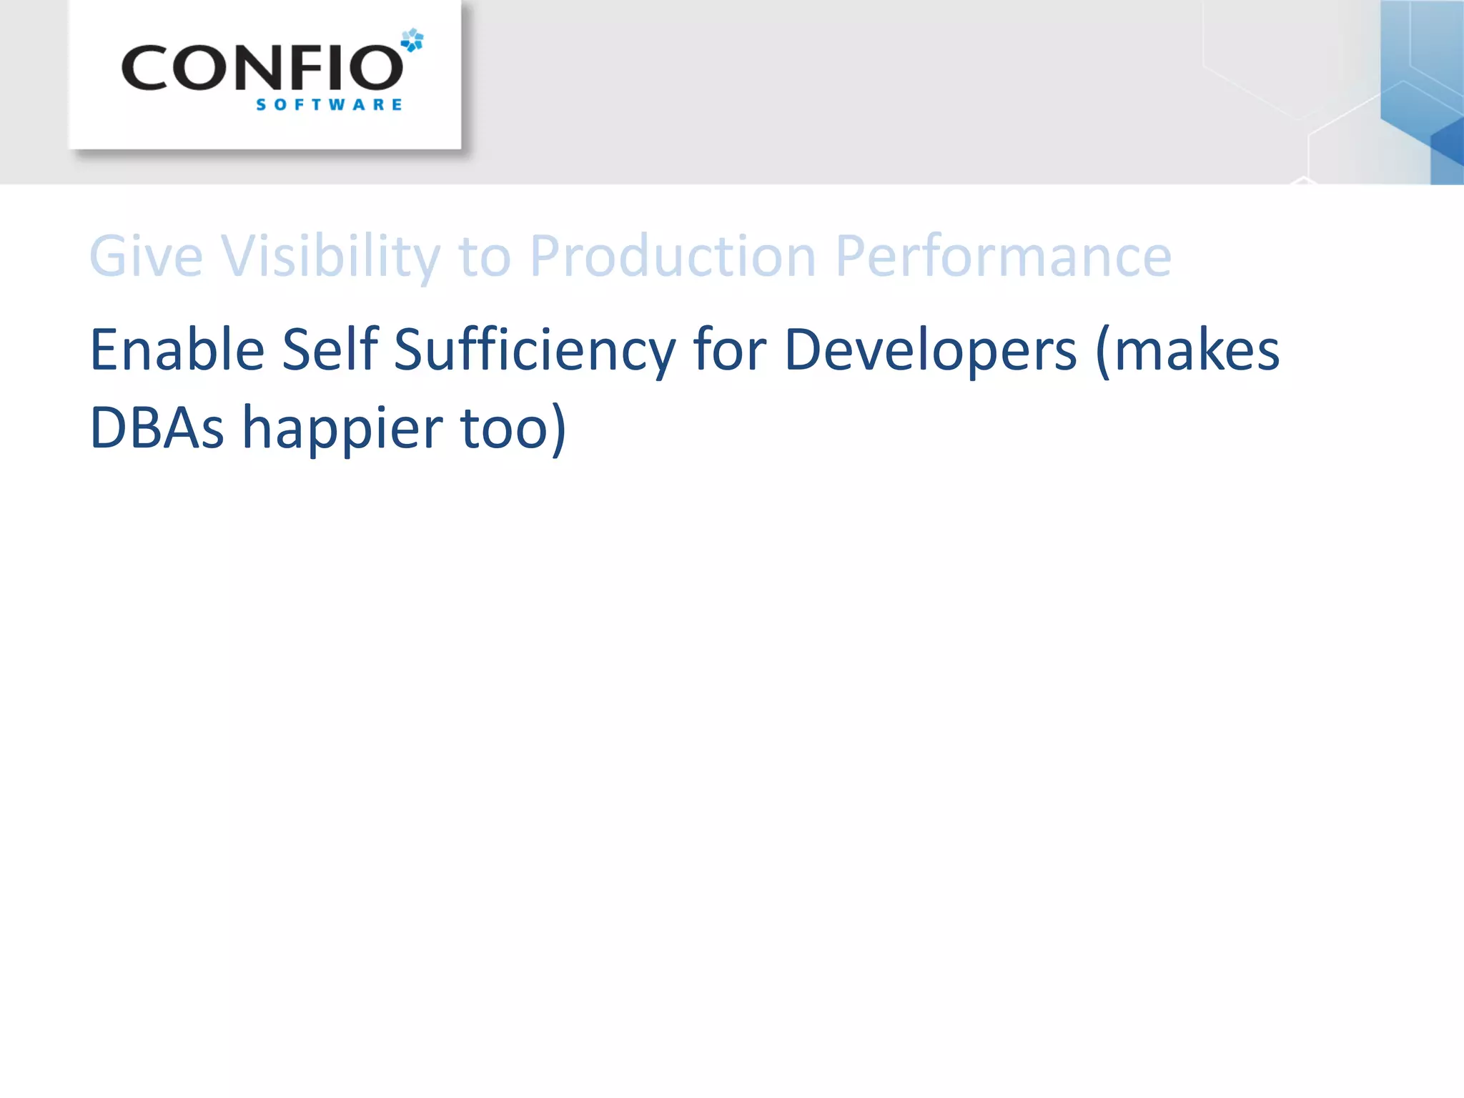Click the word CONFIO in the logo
[262, 69]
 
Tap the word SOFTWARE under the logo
[329, 105]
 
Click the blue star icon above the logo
[412, 40]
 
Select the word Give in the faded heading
[146, 256]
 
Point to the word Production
[672, 256]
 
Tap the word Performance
[1003, 256]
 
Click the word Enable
[177, 350]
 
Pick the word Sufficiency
[534, 350]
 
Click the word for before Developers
[730, 350]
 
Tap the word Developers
[930, 350]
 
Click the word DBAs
[157, 427]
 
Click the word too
[503, 427]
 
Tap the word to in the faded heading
[485, 256]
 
